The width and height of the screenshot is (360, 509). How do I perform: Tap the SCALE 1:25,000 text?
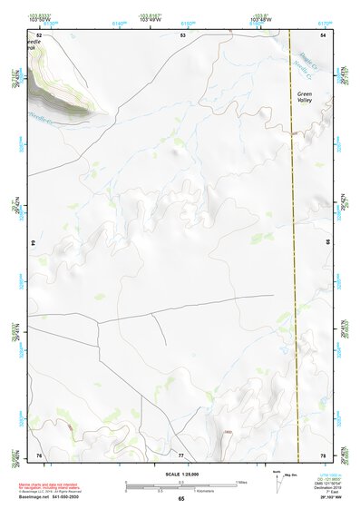tap(180, 475)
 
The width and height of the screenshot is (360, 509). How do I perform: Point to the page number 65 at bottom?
tap(180, 499)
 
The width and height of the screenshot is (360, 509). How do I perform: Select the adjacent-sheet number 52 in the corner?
tap(39, 34)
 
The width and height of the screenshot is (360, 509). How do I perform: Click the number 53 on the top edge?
tap(181, 34)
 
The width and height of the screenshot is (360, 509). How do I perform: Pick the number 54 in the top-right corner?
tap(323, 34)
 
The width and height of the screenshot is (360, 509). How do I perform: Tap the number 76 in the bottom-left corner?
tap(39, 455)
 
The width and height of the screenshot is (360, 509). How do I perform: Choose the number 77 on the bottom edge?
tap(181, 455)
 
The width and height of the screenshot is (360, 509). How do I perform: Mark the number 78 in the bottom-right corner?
tap(323, 455)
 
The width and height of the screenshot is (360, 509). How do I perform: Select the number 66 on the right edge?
tap(327, 244)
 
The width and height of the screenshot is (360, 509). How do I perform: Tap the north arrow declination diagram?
tap(277, 478)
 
